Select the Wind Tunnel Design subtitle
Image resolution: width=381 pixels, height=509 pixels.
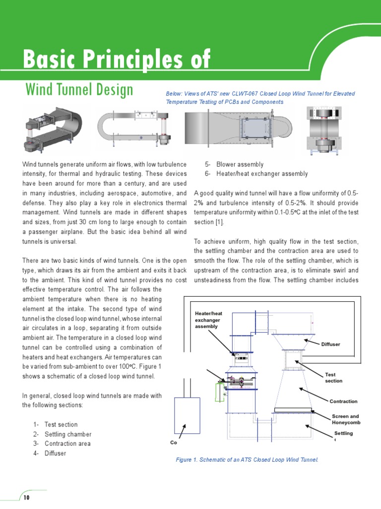click(x=79, y=90)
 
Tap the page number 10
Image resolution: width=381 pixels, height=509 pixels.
click(x=26, y=497)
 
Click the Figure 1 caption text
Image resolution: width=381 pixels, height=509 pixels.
click(x=247, y=460)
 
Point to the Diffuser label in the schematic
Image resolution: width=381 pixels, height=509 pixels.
click(x=331, y=344)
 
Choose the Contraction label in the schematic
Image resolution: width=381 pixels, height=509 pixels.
click(x=343, y=401)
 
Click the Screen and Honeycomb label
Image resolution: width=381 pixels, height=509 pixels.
click(x=345, y=420)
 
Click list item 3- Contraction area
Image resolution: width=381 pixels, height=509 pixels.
click(x=67, y=444)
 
